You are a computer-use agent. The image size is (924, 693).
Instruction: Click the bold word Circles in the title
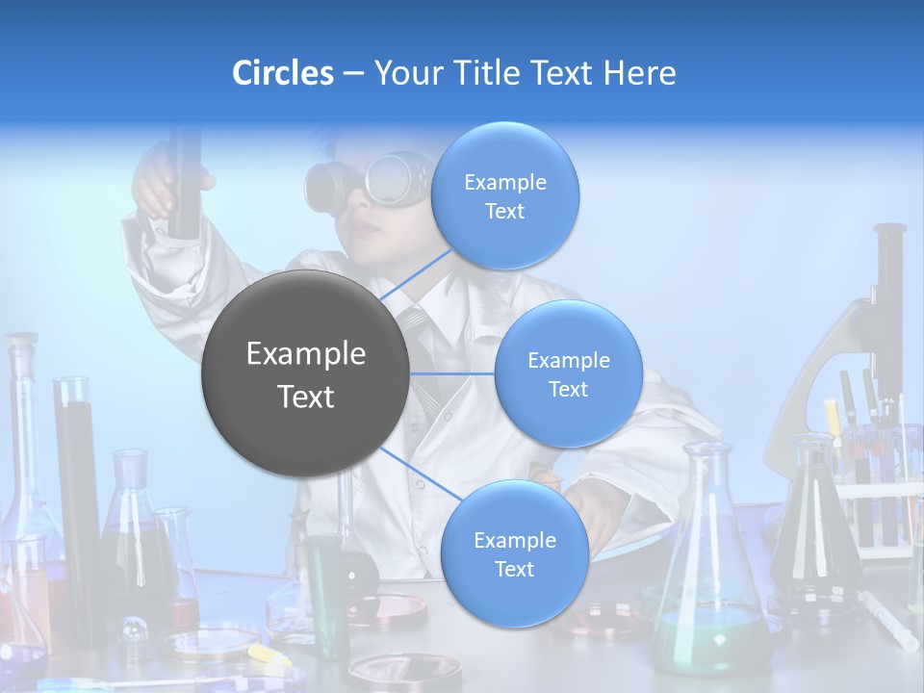click(x=283, y=73)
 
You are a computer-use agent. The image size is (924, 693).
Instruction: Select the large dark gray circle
click(x=305, y=373)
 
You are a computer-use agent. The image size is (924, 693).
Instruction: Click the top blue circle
click(x=504, y=195)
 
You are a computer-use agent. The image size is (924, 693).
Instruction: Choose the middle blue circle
click(x=568, y=373)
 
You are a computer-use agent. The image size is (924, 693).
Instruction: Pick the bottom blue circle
click(x=514, y=553)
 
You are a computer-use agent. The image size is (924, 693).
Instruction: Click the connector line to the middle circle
click(x=451, y=373)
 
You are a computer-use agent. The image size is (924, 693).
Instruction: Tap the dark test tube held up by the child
click(x=184, y=183)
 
